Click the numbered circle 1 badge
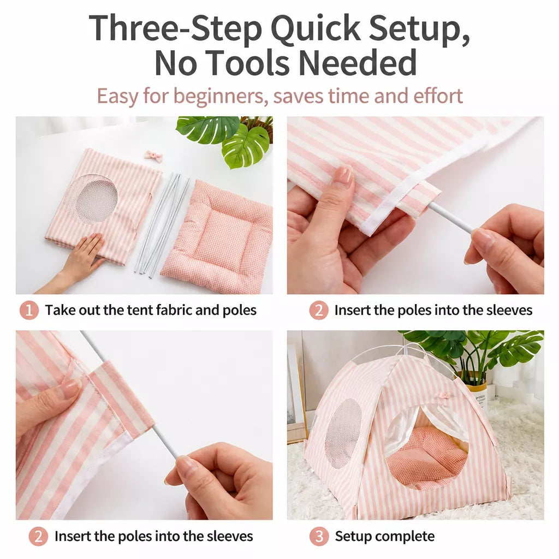click(29, 310)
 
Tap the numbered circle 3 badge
click(319, 536)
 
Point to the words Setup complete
click(385, 536)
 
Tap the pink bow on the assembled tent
click(443, 395)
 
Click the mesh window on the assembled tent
click(343, 432)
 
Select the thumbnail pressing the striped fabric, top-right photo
click(342, 175)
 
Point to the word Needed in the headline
click(358, 62)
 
